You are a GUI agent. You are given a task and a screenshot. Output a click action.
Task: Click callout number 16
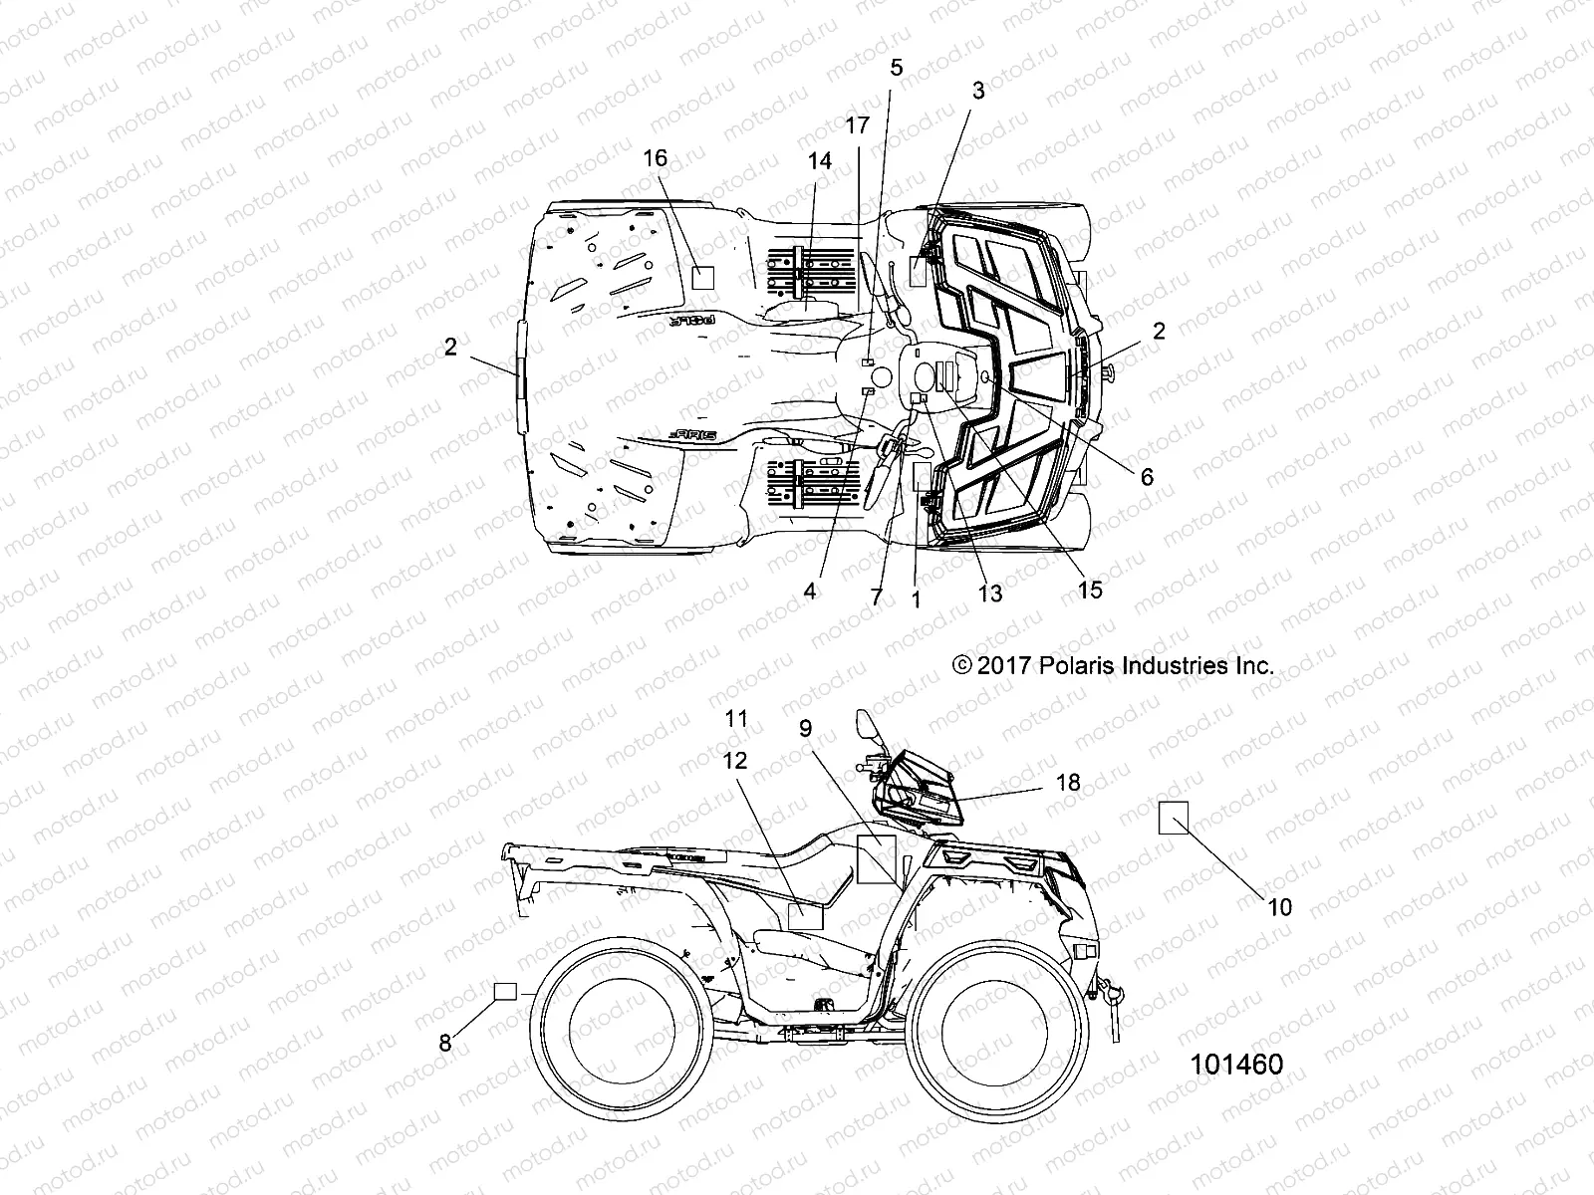pos(655,158)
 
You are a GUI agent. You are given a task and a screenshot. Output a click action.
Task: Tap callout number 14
pos(819,162)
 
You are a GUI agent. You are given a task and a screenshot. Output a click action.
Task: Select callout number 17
pos(857,125)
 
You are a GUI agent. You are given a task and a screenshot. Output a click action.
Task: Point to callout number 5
pos(896,68)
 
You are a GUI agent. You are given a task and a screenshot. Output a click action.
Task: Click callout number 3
pos(978,91)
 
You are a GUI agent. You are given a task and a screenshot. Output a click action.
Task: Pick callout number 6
pos(1147,477)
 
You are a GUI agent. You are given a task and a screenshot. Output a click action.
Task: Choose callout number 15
pos(1090,590)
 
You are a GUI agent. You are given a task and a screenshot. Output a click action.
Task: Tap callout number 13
pos(989,595)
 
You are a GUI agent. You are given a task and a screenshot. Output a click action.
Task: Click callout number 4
pos(810,592)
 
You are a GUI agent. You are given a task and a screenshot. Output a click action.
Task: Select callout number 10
pos(1279,906)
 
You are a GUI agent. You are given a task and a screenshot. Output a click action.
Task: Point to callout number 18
pos(1068,783)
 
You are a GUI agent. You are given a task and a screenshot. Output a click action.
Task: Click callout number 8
pos(445,1044)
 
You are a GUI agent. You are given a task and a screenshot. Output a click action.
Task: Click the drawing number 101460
pos(1236,1064)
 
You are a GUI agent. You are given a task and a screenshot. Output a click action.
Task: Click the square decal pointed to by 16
pos(704,277)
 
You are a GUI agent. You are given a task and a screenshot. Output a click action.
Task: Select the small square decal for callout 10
pos(1173,818)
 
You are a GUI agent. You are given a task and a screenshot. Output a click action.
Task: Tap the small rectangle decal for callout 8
pos(506,991)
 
